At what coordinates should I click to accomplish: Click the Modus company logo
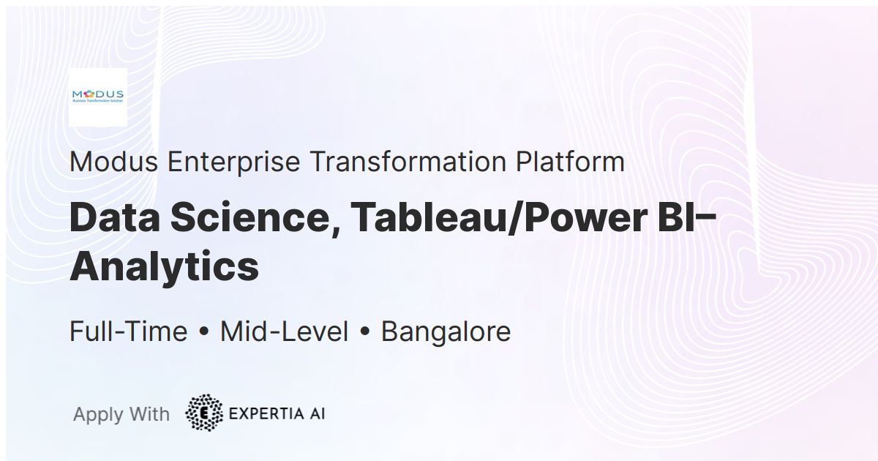[98, 97]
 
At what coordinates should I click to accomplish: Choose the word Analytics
[164, 266]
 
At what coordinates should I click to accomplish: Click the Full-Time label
[128, 331]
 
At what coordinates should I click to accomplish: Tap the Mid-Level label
[284, 331]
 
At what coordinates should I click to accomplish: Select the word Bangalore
[446, 331]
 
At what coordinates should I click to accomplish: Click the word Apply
[98, 414]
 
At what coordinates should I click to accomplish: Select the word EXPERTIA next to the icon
[266, 413]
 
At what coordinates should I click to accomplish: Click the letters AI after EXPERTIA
[316, 413]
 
